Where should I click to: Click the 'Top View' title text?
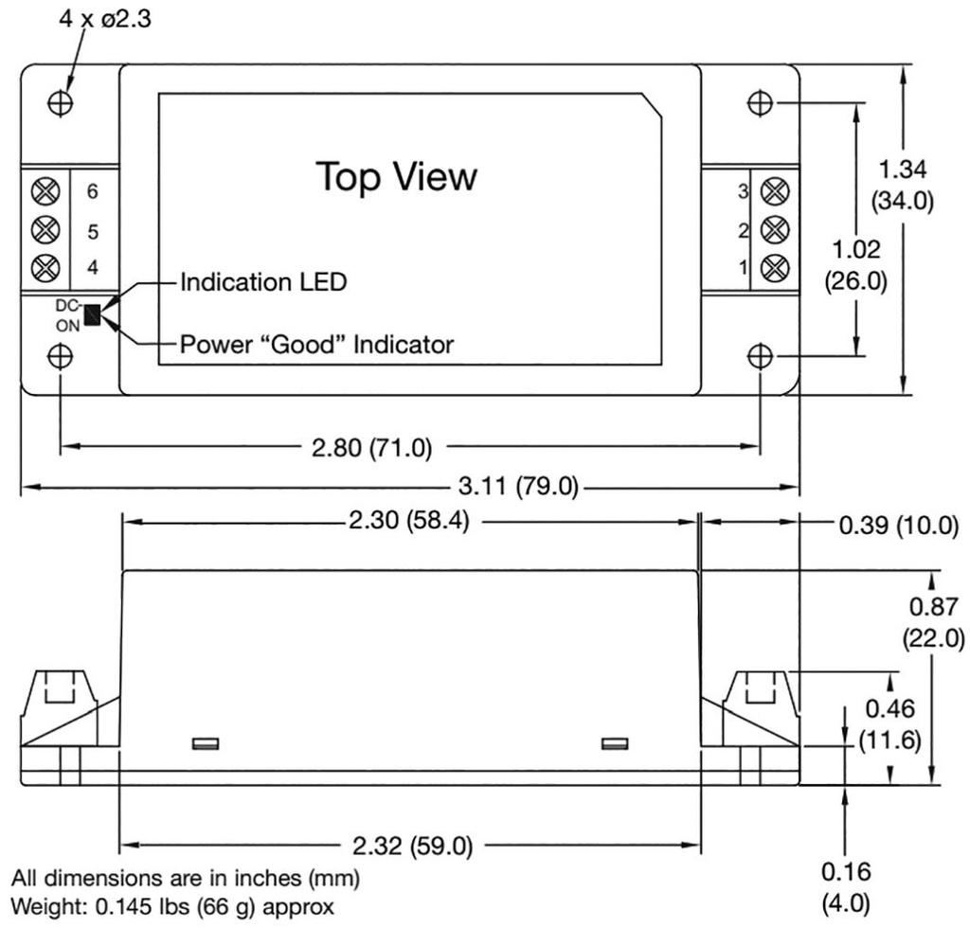tap(396, 176)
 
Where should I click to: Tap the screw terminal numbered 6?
tap(42, 191)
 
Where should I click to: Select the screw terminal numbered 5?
tap(42, 229)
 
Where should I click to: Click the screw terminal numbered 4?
tap(42, 267)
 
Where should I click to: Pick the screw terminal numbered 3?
tap(776, 191)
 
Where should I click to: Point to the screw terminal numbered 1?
tap(776, 266)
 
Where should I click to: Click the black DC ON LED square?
tap(92, 315)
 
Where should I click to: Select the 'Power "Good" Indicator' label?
tap(316, 345)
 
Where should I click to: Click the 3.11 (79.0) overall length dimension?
tap(517, 488)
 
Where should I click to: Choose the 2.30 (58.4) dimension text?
tap(408, 522)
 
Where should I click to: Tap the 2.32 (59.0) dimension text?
tap(408, 845)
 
